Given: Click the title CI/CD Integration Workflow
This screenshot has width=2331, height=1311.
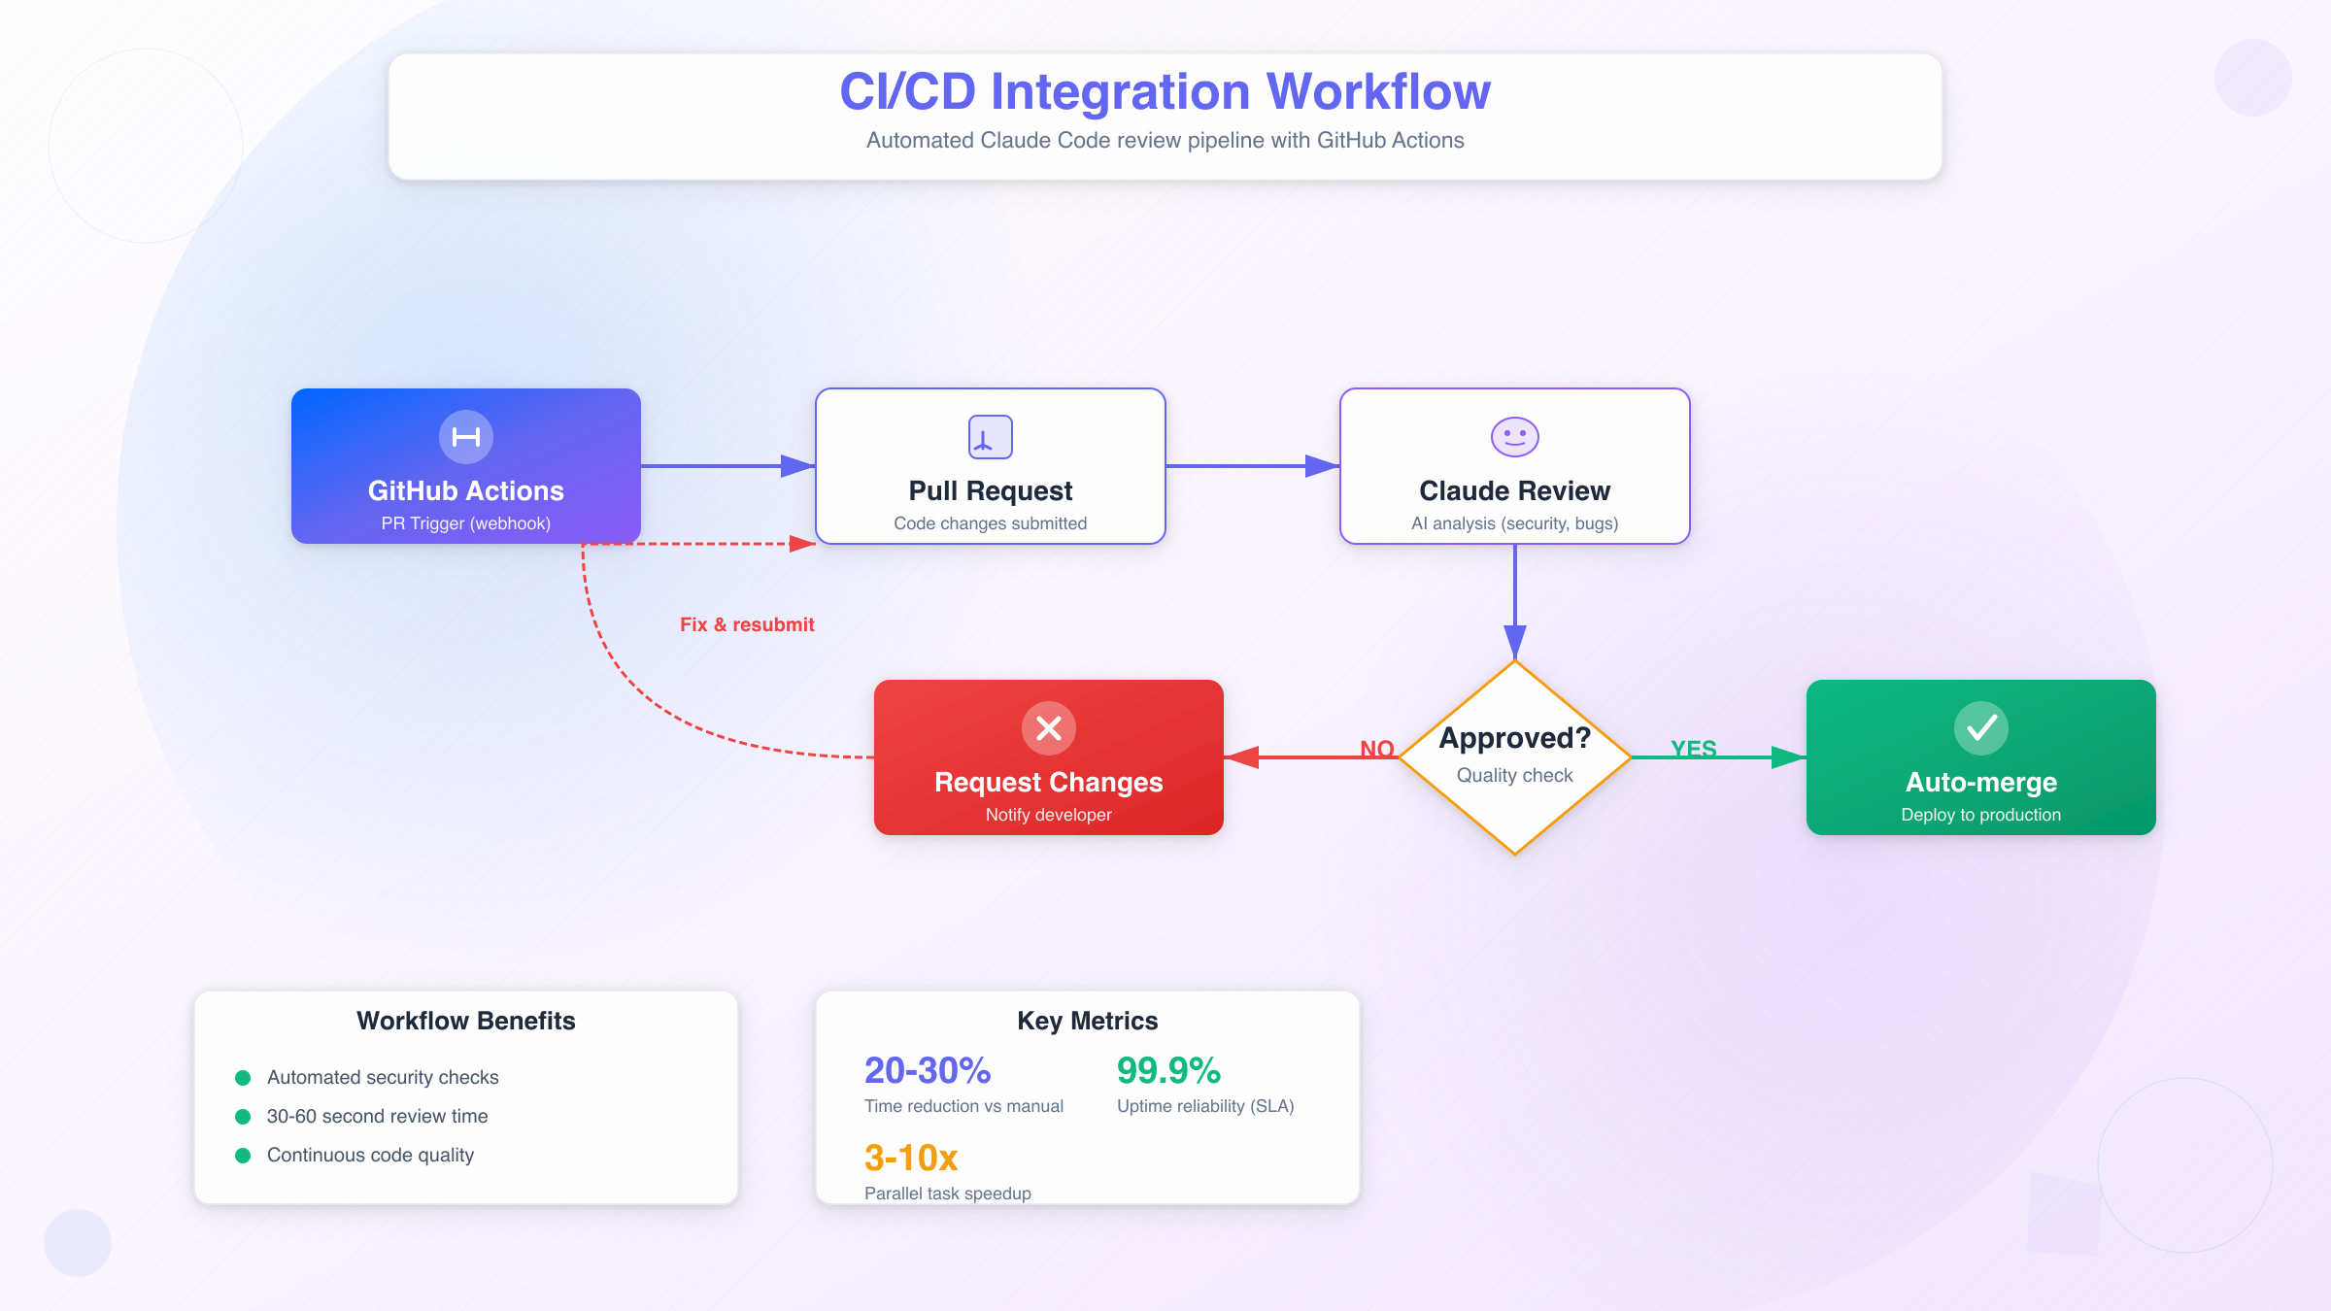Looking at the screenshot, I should click(1164, 91).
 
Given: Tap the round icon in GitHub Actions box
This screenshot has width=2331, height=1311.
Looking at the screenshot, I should click(466, 437).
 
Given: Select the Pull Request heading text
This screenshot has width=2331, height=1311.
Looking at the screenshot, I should click(990, 490).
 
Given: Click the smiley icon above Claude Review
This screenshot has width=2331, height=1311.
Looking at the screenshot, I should click(1514, 437).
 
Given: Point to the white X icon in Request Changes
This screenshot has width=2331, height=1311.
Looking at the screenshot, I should click(1048, 728).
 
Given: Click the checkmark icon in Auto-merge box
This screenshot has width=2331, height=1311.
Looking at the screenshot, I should click(1980, 728).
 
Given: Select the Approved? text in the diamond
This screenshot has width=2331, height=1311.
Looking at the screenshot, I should click(1514, 738).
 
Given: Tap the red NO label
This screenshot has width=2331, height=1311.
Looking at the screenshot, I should click(1376, 749).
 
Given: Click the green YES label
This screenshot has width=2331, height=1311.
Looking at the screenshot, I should click(1693, 749).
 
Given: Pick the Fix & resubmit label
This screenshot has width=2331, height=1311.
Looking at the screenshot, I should click(747, 624).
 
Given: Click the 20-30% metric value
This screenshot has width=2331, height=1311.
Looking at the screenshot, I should click(927, 1070).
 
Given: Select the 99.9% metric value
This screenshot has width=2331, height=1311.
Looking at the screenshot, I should click(1167, 1070).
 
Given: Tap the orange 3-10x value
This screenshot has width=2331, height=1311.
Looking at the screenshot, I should click(910, 1158).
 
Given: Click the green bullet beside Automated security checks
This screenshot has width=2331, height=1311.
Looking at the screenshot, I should click(243, 1078).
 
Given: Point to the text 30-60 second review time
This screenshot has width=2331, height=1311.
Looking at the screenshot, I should click(377, 1116).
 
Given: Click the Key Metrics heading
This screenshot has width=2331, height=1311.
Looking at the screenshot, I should click(1087, 1021).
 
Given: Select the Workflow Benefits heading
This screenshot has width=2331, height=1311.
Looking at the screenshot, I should click(465, 1021).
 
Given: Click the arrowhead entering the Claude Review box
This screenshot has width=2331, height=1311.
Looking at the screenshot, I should click(1323, 466).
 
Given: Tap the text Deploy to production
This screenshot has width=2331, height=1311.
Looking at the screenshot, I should click(1980, 815).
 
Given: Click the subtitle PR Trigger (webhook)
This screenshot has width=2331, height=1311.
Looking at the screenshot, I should click(465, 523).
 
